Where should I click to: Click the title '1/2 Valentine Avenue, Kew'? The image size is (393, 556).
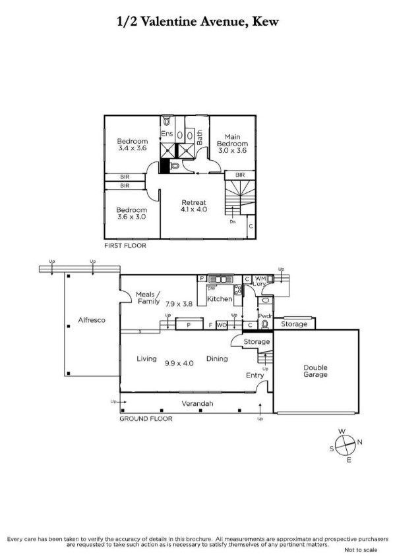pyautogui.click(x=197, y=22)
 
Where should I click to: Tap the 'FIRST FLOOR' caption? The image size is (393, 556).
pyautogui.click(x=125, y=245)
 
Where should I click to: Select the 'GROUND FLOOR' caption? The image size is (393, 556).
pyautogui.click(x=146, y=418)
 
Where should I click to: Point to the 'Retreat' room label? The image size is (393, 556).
pyautogui.click(x=194, y=202)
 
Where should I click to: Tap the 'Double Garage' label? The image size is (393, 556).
pyautogui.click(x=315, y=371)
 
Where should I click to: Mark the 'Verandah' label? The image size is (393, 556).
pyautogui.click(x=197, y=404)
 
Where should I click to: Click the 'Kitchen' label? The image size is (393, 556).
pyautogui.click(x=220, y=299)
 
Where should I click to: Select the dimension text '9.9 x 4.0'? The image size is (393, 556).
pyautogui.click(x=179, y=362)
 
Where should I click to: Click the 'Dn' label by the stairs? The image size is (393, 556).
pyautogui.click(x=232, y=222)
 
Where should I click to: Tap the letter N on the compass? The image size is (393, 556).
pyautogui.click(x=359, y=442)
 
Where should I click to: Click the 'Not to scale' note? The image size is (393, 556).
pyautogui.click(x=360, y=549)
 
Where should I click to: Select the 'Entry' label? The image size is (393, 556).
pyautogui.click(x=255, y=375)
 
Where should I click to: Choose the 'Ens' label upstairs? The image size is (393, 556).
pyautogui.click(x=167, y=134)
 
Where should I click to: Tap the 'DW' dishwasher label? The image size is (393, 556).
pyautogui.click(x=211, y=288)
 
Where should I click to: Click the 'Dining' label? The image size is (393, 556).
pyautogui.click(x=217, y=359)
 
